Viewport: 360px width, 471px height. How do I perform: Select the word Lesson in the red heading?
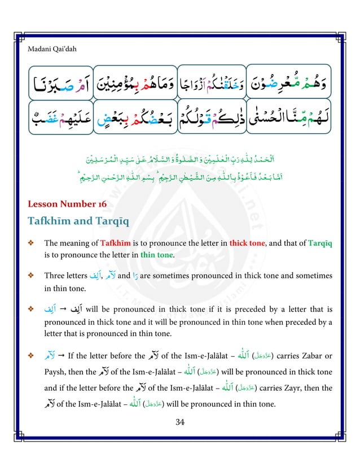(x=43, y=204)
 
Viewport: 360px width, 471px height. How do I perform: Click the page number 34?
(x=180, y=421)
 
